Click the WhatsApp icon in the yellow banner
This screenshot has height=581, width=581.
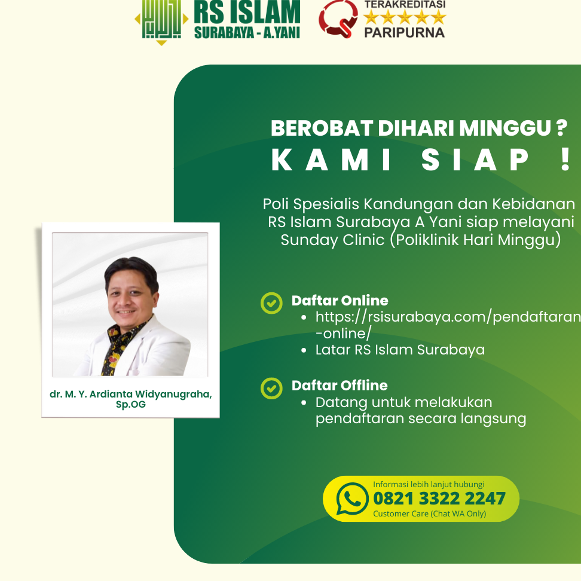353,499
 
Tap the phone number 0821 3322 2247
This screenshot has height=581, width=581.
439,499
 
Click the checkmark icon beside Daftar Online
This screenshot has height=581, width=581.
271,303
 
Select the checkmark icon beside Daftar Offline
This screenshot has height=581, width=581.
271,388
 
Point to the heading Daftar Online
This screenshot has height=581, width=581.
340,301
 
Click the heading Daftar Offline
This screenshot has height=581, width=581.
340,386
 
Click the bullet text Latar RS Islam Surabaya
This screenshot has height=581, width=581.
400,350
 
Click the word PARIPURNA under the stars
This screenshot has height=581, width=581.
404,32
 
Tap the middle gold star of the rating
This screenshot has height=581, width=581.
404,17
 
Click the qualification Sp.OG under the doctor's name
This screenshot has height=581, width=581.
130,405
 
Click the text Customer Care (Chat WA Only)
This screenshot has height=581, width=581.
429,513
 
